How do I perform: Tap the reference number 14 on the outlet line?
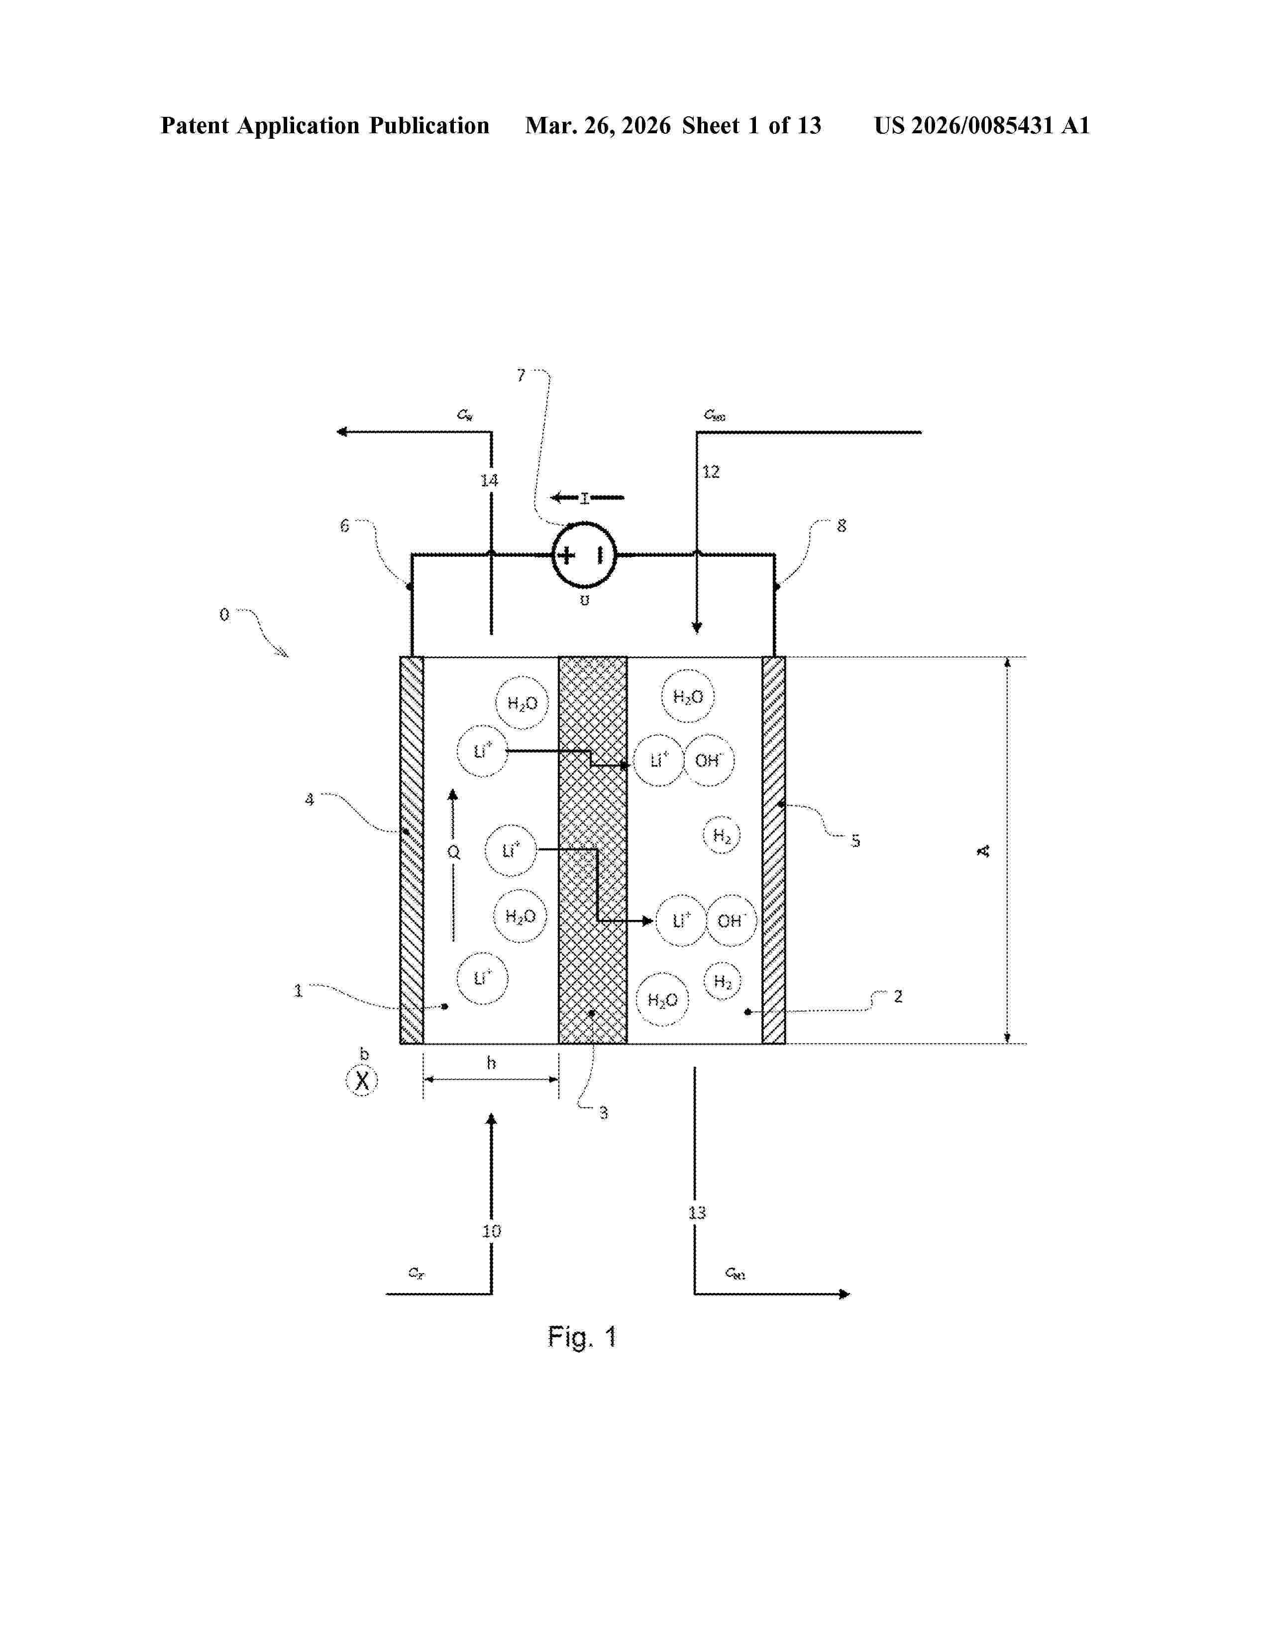(489, 480)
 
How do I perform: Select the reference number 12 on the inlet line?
(711, 472)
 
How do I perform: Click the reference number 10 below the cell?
(491, 1231)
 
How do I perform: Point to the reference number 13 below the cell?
(697, 1212)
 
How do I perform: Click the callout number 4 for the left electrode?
(309, 800)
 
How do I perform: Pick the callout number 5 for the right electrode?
(855, 841)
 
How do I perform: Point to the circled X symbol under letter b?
(362, 1081)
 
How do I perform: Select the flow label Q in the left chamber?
(453, 852)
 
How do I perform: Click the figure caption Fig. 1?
(582, 1337)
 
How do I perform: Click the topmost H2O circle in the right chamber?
(687, 697)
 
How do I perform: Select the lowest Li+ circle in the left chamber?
(482, 978)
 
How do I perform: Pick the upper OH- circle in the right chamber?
(708, 760)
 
